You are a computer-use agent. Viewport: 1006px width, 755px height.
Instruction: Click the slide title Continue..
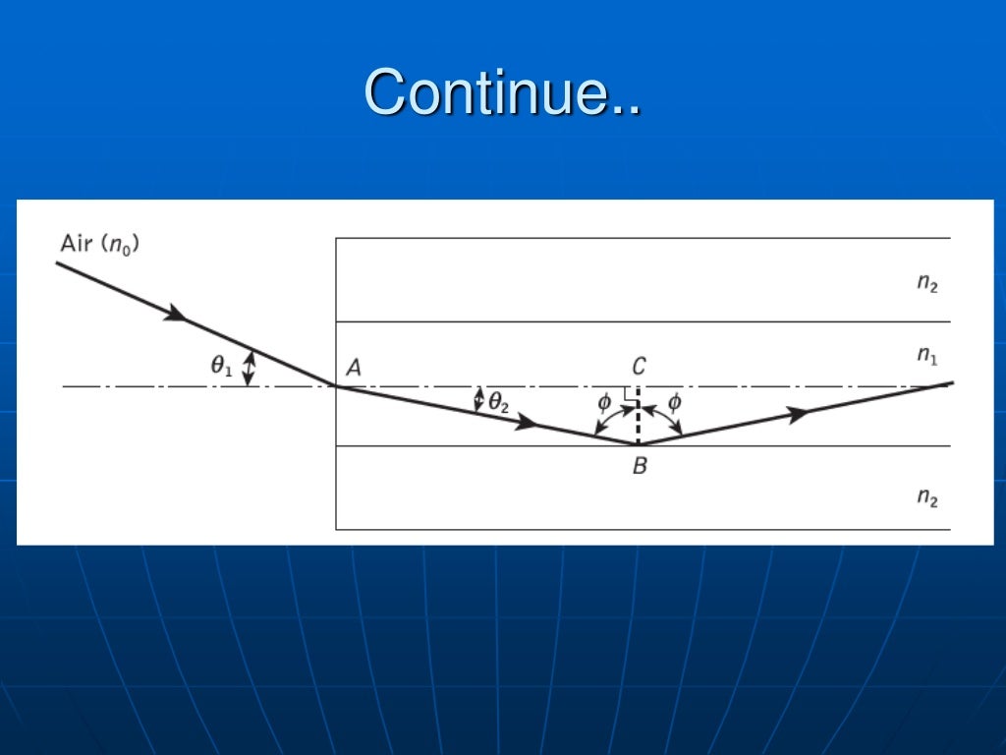[503, 92]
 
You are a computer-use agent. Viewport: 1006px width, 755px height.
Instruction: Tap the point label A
[354, 368]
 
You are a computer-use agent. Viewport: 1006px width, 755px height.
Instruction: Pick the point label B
[640, 466]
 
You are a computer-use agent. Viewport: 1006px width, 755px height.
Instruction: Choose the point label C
[639, 367]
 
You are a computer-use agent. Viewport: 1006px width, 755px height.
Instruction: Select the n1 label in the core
[927, 355]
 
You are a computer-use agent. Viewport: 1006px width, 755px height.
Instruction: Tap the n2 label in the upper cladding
[927, 283]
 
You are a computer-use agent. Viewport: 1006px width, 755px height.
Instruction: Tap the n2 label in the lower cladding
[927, 497]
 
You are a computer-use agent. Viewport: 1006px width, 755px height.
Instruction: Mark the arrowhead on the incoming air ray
[175, 314]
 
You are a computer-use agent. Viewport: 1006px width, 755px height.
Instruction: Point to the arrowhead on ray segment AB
[528, 424]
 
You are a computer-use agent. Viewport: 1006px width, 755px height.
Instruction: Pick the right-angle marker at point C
[631, 392]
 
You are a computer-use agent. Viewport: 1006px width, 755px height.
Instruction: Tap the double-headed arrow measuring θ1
[249, 369]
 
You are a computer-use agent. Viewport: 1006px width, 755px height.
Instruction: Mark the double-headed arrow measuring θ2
[479, 399]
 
